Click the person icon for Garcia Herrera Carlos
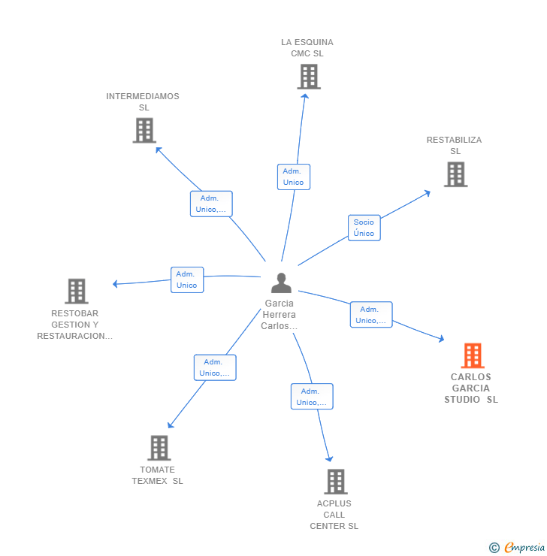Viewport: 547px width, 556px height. click(x=281, y=283)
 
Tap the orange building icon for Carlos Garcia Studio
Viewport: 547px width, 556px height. click(x=472, y=355)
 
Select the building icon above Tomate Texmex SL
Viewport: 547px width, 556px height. click(x=159, y=448)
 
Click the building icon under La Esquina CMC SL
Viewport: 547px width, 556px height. click(x=308, y=77)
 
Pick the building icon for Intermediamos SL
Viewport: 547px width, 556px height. click(x=144, y=131)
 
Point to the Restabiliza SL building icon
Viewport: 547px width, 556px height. click(x=455, y=174)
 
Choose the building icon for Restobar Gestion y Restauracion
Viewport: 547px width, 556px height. click(x=76, y=291)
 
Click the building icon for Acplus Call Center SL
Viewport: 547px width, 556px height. click(x=335, y=482)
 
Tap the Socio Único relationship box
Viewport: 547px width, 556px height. click(x=364, y=228)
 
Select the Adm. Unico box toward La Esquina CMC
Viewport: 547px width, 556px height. click(x=293, y=177)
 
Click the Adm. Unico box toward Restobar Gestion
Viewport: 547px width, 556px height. click(x=186, y=280)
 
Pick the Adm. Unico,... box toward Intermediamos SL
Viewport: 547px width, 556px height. click(x=211, y=204)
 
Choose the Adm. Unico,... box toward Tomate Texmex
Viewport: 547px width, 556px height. click(x=215, y=367)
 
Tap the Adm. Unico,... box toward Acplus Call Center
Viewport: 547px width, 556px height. click(x=312, y=397)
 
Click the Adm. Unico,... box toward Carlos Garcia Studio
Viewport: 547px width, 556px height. click(x=371, y=315)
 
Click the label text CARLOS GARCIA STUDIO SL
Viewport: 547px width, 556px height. click(x=471, y=388)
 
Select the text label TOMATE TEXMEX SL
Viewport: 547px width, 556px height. click(x=157, y=476)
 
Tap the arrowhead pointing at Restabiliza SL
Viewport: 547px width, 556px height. click(x=428, y=192)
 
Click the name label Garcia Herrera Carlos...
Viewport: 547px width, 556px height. click(x=280, y=315)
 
